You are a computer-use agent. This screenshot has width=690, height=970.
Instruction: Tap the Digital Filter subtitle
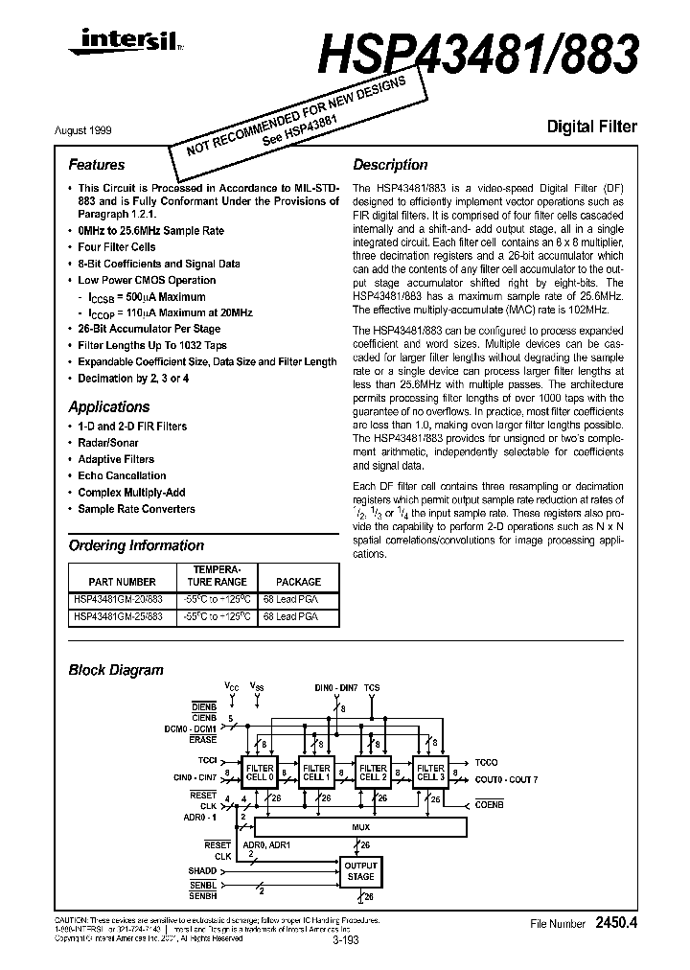point(591,127)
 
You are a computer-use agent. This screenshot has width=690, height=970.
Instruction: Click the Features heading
point(97,165)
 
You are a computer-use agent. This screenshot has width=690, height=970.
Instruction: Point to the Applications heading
point(109,406)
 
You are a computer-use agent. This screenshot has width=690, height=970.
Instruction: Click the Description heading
point(390,165)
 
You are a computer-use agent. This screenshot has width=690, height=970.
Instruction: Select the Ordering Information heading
point(136,545)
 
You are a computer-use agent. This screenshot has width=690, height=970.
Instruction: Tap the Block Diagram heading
point(116,670)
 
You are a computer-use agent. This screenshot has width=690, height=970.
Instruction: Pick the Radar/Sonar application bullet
point(108,443)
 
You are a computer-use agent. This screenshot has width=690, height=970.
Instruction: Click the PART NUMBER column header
point(122,582)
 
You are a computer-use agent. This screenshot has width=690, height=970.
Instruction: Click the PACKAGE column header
point(298,582)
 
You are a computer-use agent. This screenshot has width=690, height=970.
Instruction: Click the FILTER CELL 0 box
point(260,773)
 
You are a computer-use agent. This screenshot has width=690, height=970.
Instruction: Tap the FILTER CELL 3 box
point(430,773)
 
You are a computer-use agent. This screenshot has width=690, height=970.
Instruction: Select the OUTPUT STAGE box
point(360,870)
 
